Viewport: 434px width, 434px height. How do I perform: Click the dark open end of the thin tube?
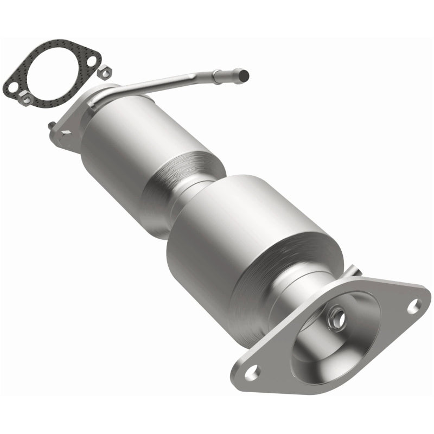pyautogui.click(x=245, y=73)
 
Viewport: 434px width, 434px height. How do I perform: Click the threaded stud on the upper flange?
pyautogui.click(x=50, y=125)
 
